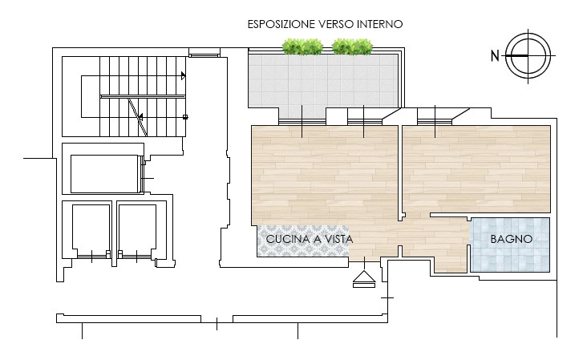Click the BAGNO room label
pyautogui.click(x=512, y=239)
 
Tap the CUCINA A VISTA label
pyautogui.click(x=310, y=239)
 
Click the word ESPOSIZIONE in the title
pyautogui.click(x=281, y=24)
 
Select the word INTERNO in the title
pyautogui.click(x=379, y=24)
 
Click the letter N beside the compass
pyautogui.click(x=495, y=56)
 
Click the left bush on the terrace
pyautogui.click(x=302, y=47)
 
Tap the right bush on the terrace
pyautogui.click(x=352, y=47)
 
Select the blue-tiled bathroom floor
pyautogui.click(x=509, y=245)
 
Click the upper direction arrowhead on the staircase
pyautogui.click(x=183, y=75)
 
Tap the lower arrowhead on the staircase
pyautogui.click(x=140, y=117)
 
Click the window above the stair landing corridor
pyautogui.click(x=204, y=55)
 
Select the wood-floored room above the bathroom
pyautogui.click(x=476, y=169)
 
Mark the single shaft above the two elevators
pyautogui.click(x=104, y=174)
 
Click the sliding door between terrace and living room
pyautogui.click(x=302, y=122)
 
